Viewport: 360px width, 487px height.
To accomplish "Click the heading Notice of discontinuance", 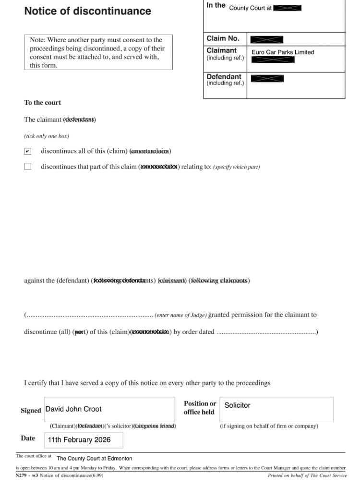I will [x=87, y=11].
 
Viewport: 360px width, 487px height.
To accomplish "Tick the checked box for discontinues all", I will [x=28, y=151].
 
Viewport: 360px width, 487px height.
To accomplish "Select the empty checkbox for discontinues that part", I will [x=28, y=167].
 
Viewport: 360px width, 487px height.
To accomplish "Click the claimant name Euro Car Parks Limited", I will [x=283, y=52].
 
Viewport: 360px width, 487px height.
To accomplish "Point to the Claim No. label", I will [x=223, y=38].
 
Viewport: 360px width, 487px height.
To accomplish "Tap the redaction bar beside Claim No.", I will [x=267, y=39].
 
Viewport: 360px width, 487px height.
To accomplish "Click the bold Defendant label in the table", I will [x=224, y=76].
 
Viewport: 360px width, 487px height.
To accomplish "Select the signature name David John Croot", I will [x=73, y=409].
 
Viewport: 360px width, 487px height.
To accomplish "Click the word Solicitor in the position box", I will [x=237, y=405].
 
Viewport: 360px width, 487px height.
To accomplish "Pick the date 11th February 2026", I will [x=79, y=439].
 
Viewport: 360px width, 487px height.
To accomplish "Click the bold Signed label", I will [x=31, y=411].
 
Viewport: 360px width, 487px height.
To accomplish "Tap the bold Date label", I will [x=28, y=438].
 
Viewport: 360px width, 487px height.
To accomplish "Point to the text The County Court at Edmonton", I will [x=94, y=459].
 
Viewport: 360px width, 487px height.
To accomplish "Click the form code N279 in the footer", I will [x=22, y=475].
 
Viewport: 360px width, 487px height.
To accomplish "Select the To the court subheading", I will [x=43, y=103].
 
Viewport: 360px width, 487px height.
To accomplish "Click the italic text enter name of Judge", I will [x=180, y=316].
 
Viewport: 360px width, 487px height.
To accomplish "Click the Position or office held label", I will [x=200, y=408].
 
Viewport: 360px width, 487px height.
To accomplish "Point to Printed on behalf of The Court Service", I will [x=307, y=475].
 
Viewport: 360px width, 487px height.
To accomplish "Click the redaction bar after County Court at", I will [x=288, y=8].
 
